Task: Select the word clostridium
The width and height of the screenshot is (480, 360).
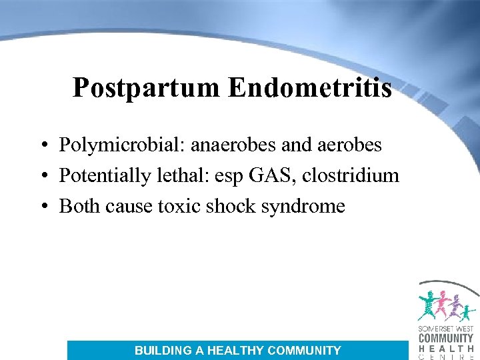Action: (351, 175)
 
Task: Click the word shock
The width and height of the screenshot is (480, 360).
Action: (231, 206)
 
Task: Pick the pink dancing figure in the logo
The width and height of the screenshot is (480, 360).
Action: (441, 303)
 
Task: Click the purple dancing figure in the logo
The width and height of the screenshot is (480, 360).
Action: (455, 307)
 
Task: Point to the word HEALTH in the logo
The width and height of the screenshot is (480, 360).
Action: (445, 349)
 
